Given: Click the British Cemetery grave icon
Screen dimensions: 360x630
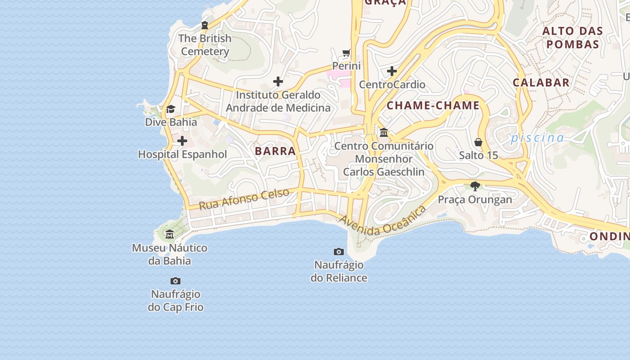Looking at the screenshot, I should [x=205, y=25].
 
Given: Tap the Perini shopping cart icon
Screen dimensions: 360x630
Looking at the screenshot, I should [x=346, y=53].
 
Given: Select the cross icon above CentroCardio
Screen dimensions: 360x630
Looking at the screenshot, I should [x=392, y=71].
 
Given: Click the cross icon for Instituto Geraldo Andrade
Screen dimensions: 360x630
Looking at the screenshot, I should [x=278, y=81].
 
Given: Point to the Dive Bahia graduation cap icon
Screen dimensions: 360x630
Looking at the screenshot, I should [x=171, y=109].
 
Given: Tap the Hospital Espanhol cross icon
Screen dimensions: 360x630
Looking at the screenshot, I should [x=182, y=141].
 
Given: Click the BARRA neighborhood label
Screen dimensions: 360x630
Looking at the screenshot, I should [x=275, y=151].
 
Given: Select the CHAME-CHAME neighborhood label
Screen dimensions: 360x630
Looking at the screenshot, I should [x=433, y=106].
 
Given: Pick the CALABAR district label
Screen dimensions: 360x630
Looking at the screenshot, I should [x=541, y=82].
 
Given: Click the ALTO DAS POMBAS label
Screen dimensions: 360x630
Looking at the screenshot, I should [x=572, y=38].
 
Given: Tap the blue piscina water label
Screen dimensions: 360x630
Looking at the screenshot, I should [x=537, y=138].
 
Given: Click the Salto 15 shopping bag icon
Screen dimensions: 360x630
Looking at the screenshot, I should [x=478, y=142].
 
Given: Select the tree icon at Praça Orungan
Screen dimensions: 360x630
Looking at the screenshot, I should [x=475, y=186].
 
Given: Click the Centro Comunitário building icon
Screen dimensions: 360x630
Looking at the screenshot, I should [x=384, y=133].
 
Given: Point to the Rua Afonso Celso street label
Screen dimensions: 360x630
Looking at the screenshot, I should [x=244, y=199].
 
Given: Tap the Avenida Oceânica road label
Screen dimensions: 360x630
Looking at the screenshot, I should [x=382, y=221].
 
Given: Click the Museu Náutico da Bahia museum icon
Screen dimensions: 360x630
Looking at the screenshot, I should [x=170, y=234].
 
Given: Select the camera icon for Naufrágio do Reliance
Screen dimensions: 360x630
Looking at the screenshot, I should [x=339, y=252].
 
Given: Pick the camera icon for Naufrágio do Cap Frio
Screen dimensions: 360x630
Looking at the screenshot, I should [x=175, y=281].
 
